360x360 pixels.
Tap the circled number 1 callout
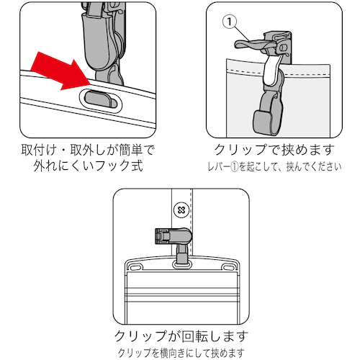(230, 22)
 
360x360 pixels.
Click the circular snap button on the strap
(181, 210)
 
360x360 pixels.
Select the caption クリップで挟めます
(274, 150)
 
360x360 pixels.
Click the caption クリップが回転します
(181, 336)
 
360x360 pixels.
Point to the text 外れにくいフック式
(88, 166)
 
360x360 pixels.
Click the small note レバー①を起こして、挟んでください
(274, 166)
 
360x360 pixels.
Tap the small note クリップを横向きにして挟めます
(181, 353)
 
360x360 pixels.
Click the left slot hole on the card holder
(135, 266)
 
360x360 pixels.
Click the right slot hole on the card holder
(228, 266)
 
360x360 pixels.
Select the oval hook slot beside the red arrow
(101, 100)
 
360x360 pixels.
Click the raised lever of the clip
(250, 45)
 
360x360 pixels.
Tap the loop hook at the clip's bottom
(268, 114)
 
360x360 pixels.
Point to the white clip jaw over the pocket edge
(271, 71)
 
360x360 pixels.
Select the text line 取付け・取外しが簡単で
(88, 150)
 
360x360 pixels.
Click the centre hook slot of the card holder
(182, 265)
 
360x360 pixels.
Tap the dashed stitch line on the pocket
(279, 73)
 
